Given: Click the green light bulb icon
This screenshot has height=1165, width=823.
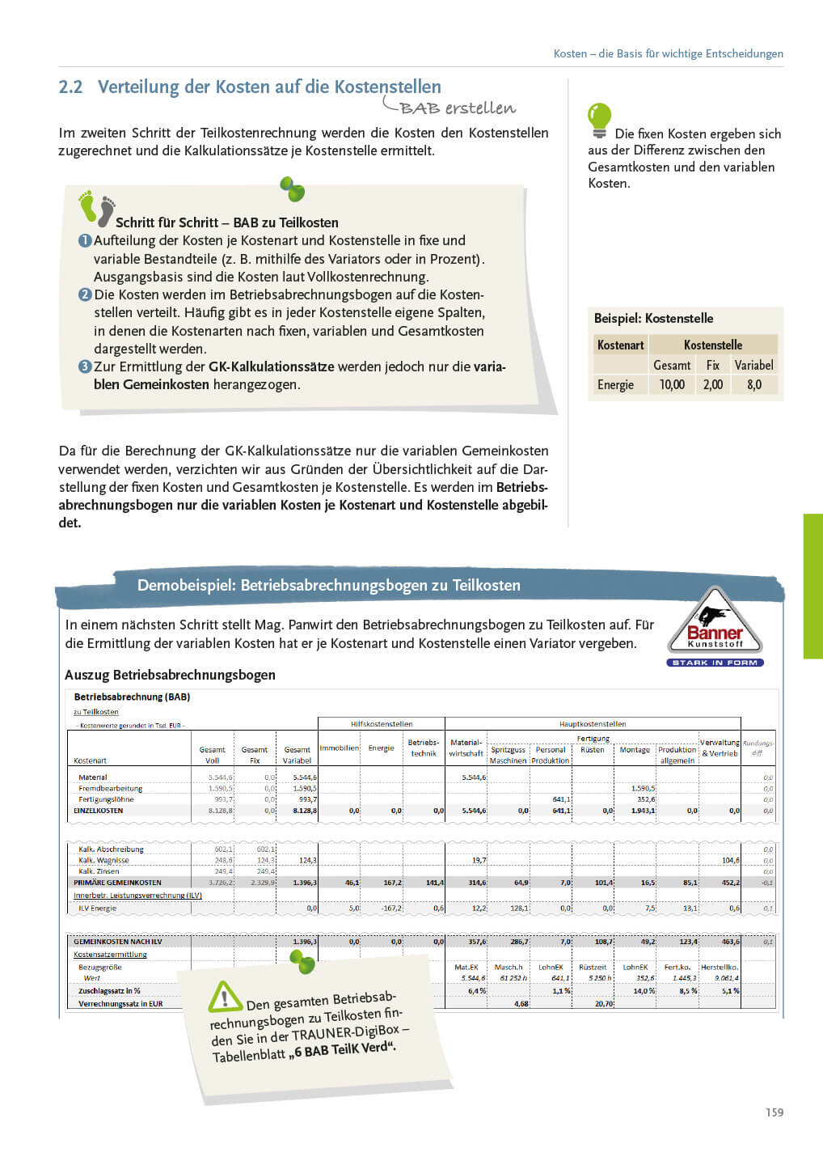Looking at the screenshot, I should coord(599,119).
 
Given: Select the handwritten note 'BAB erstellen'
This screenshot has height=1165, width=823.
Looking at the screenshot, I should coord(456,108).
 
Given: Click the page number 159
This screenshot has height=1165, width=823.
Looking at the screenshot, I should coord(774,1112).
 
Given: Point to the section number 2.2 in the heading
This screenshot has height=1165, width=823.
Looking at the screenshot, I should coord(71,87).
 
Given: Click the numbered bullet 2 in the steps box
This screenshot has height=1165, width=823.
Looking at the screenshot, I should coord(85,294).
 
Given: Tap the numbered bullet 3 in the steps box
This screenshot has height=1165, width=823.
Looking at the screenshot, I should coord(85,366).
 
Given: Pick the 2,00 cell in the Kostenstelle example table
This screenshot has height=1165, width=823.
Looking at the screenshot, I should coord(712,385).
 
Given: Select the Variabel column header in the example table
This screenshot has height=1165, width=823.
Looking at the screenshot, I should coord(753,365).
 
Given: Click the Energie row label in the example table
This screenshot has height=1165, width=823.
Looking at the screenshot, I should coord(615,385).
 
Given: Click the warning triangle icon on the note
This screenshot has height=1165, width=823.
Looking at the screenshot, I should coord(225,997).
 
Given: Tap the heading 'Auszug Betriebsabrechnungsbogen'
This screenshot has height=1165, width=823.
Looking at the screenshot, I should coord(170,675).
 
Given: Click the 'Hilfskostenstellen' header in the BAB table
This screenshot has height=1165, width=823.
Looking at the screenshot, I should coord(382,724).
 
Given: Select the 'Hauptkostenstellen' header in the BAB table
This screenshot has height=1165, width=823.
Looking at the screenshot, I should coord(593,724).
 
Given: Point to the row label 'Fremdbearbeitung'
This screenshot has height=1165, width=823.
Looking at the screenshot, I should coord(111,788).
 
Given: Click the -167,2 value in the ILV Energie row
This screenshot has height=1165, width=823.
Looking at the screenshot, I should coord(391,909).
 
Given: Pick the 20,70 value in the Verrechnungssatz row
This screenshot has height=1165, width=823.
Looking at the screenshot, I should coord(603,1003).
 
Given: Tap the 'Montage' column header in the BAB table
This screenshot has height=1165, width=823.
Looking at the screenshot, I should coord(635,750).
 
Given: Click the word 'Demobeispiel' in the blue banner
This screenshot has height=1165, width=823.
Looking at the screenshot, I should coord(186,585).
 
